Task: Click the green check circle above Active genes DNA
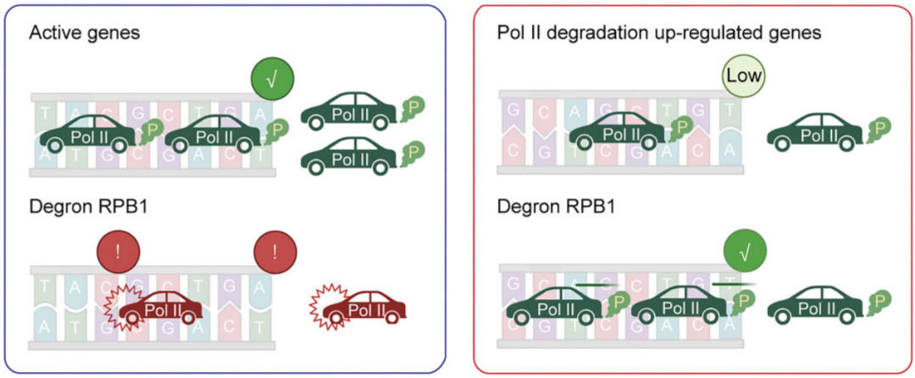[x=273, y=77]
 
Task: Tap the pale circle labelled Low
[x=743, y=75]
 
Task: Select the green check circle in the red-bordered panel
[x=744, y=253]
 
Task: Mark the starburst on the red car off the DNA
[x=324, y=303]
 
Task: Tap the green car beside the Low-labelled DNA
[x=815, y=132]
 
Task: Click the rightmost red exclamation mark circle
[x=274, y=253]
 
